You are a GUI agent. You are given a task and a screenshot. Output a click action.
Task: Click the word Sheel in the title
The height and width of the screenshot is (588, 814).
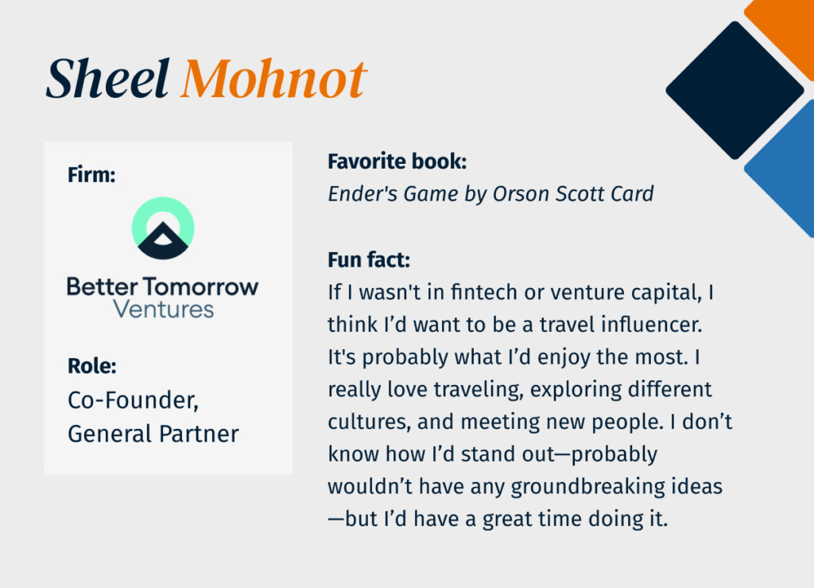[107, 79]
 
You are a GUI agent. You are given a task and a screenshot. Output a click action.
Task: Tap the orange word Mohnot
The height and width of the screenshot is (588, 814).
[274, 79]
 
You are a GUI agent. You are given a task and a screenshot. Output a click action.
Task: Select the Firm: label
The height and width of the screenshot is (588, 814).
[91, 174]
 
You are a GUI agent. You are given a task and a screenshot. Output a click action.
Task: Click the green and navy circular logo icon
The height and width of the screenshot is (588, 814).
[163, 228]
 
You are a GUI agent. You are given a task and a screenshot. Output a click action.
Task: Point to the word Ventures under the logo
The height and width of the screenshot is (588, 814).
[164, 310]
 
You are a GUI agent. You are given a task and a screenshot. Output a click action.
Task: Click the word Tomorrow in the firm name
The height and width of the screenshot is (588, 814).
[201, 286]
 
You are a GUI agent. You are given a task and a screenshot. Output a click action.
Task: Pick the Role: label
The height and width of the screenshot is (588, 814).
[92, 366]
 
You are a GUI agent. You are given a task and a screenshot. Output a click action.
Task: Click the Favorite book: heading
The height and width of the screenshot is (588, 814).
[397, 162]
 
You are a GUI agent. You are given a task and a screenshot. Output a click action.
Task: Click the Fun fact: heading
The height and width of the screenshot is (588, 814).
[369, 259]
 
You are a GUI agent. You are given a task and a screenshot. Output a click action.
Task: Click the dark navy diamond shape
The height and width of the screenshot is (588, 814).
[735, 91]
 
